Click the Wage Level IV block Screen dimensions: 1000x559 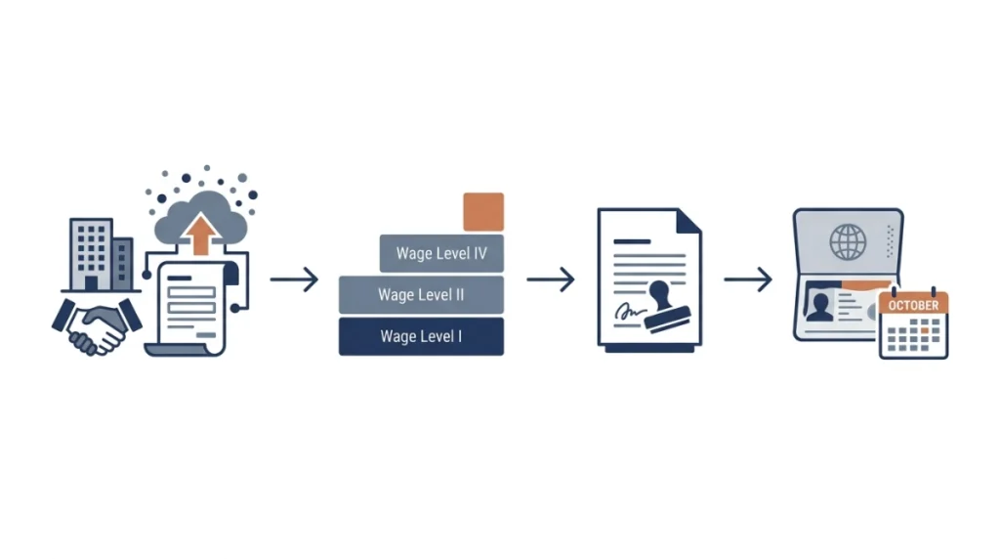(x=441, y=253)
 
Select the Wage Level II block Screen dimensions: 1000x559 (x=421, y=295)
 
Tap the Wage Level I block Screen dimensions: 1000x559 (x=421, y=336)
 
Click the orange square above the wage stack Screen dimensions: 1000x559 (x=483, y=212)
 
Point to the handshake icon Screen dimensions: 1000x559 (x=97, y=326)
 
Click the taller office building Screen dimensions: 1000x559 (x=91, y=255)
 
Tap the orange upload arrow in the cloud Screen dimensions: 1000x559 (x=201, y=235)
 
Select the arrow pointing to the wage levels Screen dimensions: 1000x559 (x=294, y=279)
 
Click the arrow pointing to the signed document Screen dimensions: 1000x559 (x=551, y=279)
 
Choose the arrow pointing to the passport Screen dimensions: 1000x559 (x=748, y=279)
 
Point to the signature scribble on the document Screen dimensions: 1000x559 (x=630, y=312)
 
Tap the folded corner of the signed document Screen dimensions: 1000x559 (x=688, y=221)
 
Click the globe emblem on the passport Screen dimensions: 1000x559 (x=848, y=241)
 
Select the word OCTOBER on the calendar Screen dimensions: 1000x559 (x=913, y=305)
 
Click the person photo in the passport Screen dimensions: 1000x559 (x=819, y=304)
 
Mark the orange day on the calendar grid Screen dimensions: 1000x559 (x=924, y=330)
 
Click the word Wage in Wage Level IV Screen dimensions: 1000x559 (x=414, y=253)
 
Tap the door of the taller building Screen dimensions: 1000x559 (x=91, y=283)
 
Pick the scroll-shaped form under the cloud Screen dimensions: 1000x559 (x=190, y=309)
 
